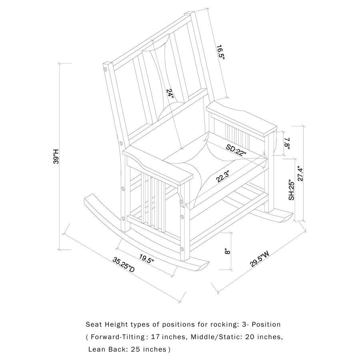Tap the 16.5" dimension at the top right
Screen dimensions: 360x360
click(221, 52)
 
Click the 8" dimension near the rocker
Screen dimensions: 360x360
click(227, 251)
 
